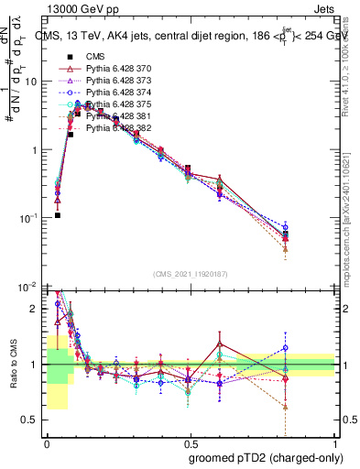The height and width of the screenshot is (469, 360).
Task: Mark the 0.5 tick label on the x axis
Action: click(190, 441)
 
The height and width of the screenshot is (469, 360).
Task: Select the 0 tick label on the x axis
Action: click(46, 441)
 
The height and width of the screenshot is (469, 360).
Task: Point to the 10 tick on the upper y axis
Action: click(34, 81)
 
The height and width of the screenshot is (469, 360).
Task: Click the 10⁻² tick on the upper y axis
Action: click(31, 287)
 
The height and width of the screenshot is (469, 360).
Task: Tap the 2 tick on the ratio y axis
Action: click(37, 309)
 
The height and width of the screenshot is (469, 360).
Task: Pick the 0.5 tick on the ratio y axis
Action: click(33, 420)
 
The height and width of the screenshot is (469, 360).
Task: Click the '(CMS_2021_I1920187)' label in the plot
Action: click(190, 274)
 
